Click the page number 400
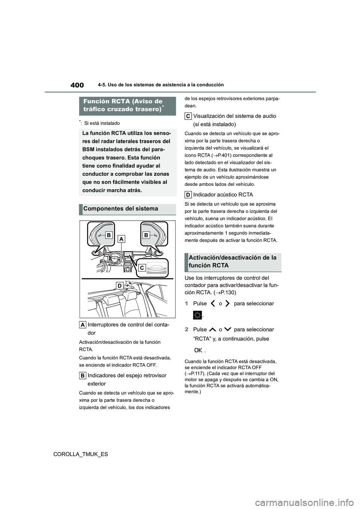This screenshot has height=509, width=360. pos(77,85)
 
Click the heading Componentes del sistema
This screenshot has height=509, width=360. pos(121,209)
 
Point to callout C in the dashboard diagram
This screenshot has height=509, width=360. pos(142,267)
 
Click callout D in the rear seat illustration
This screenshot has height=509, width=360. pos(119,286)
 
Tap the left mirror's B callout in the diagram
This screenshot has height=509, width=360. pos(109,235)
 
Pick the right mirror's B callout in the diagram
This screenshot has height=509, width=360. pos(146,235)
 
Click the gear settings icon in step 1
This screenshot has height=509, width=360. pos(198,315)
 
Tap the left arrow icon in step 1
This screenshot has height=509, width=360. pos(213,304)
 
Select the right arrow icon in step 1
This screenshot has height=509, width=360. pos(227,304)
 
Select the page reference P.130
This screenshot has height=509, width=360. pos(225,292)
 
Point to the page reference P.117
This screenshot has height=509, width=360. pos(194,373)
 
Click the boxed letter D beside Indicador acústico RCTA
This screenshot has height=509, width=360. pos(188,195)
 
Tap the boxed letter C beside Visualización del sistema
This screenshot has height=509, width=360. pos(188,116)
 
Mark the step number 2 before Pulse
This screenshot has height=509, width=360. pos(186,329)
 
